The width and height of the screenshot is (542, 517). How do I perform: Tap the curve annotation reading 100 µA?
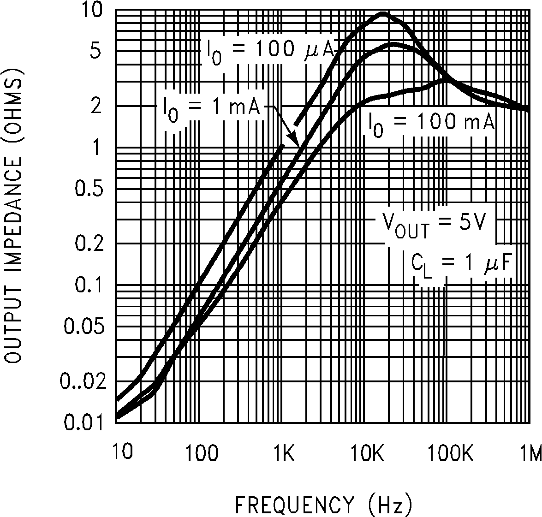(x=268, y=49)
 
